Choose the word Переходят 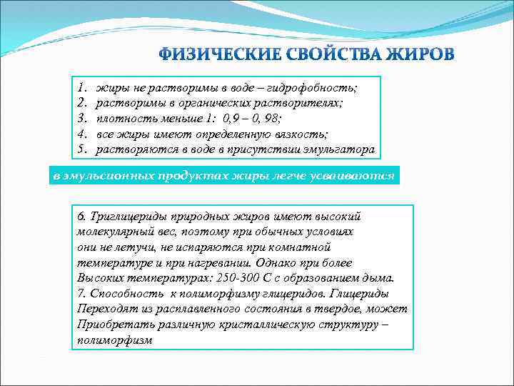103,310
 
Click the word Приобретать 109,325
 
